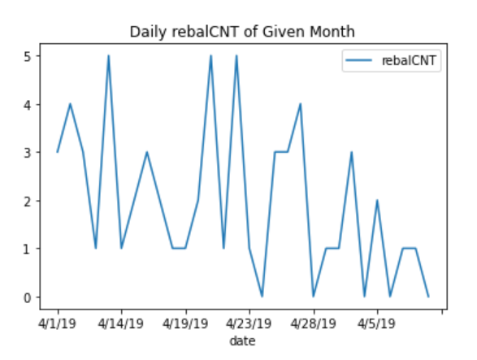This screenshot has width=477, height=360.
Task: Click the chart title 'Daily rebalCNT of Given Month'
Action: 242,32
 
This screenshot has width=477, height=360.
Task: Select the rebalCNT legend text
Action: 409,60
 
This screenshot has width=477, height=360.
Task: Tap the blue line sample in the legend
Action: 358,60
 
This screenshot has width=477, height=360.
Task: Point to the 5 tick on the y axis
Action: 28,56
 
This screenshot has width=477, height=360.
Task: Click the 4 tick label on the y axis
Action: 28,104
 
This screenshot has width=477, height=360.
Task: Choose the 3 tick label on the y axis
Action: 28,153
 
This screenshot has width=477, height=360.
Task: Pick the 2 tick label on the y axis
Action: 28,201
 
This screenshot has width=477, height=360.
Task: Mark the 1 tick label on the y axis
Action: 28,249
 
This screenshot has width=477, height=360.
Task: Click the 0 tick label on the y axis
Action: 28,297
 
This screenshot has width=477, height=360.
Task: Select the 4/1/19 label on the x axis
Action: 57,323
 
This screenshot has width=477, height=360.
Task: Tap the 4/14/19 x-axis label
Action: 121,323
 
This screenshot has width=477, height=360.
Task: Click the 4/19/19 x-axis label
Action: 185,323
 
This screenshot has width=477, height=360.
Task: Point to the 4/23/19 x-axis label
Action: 249,323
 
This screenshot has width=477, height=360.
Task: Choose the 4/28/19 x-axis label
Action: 314,323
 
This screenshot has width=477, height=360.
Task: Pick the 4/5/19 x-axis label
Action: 376,323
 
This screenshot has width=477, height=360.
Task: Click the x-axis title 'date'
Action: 242,341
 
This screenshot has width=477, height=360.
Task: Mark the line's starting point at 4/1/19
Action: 58,152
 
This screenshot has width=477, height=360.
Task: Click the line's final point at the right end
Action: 428,297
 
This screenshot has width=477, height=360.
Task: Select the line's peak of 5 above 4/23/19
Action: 236,56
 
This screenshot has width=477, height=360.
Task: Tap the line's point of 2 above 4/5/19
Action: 377,200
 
